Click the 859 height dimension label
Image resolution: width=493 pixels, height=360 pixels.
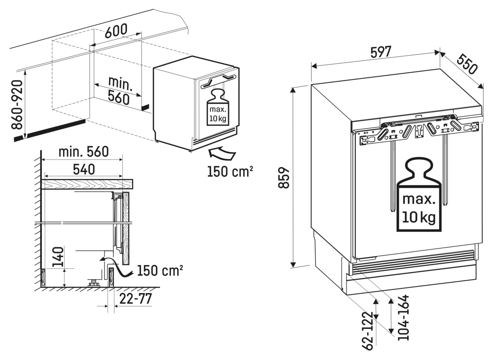coord(284,178)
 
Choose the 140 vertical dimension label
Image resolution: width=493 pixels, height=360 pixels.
coord(58,257)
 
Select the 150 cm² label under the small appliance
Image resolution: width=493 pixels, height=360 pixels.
coord(230,171)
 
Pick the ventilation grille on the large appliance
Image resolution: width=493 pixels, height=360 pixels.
coord(412,263)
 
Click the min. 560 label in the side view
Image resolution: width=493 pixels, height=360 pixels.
coord(83,152)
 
